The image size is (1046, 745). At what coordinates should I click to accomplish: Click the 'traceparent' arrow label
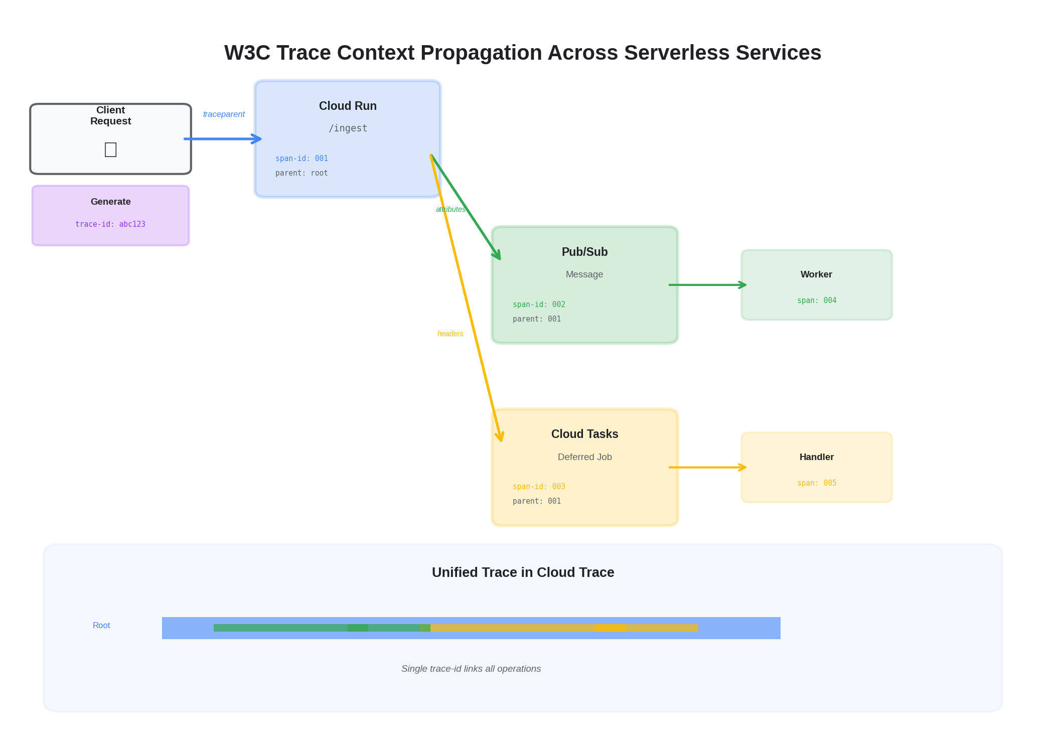[x=224, y=114]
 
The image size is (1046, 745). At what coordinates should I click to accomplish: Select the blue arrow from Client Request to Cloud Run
[x=222, y=139]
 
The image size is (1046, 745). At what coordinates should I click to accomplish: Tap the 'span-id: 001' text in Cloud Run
[x=302, y=159]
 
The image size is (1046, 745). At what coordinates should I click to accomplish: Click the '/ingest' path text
[x=348, y=128]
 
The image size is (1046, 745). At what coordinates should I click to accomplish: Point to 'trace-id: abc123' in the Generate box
[x=110, y=224]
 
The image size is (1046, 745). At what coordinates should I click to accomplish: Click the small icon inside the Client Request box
[x=110, y=150]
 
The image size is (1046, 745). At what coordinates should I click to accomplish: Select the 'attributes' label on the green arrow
[x=450, y=209]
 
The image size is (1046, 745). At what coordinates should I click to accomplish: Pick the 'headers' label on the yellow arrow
[x=450, y=334]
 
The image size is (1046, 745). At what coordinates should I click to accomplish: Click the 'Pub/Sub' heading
[x=584, y=252]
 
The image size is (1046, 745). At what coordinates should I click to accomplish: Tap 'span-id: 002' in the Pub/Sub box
[x=539, y=305]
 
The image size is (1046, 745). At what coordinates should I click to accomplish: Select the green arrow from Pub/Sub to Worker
[x=707, y=285]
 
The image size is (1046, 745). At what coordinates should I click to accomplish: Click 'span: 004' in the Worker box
[x=816, y=301]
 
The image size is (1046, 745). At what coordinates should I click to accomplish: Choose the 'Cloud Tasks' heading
[x=584, y=434]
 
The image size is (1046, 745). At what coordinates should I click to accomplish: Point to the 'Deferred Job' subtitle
[x=584, y=457]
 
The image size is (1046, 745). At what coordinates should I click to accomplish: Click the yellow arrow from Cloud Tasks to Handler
[x=707, y=468]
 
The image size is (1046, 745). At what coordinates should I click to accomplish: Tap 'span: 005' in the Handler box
[x=816, y=483]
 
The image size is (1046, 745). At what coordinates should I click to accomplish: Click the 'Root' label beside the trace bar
[x=101, y=626]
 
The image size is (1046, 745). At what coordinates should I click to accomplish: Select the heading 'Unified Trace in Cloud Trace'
[x=523, y=572]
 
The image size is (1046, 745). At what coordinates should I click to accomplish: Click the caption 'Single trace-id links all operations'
[x=471, y=669]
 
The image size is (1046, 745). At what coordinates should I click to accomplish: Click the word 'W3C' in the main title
[x=247, y=53]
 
